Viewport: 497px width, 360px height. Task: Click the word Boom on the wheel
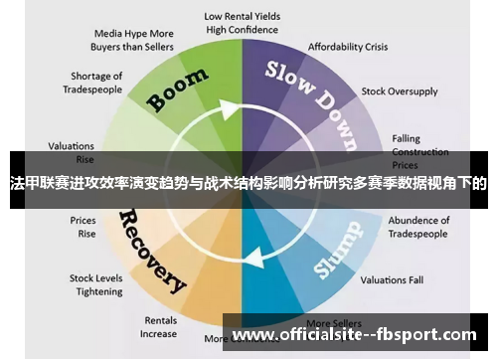click(x=179, y=90)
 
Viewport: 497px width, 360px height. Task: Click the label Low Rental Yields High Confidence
click(x=243, y=23)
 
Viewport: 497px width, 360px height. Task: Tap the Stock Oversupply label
click(x=400, y=90)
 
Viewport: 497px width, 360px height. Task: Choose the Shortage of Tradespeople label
click(x=97, y=83)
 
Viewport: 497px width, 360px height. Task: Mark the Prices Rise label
click(x=83, y=227)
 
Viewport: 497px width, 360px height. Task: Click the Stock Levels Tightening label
click(x=95, y=284)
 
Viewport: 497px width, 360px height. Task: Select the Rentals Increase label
click(x=159, y=327)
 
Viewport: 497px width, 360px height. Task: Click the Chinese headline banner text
click(x=248, y=183)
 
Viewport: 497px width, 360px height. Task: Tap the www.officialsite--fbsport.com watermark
click(x=354, y=335)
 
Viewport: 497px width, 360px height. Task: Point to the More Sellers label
click(x=333, y=324)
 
